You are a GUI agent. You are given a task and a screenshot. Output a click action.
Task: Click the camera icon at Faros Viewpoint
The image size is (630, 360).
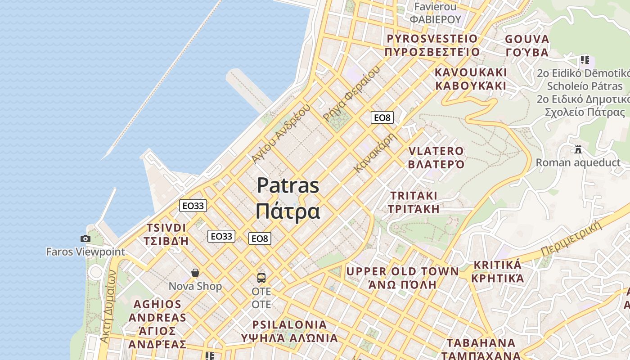point(85,238)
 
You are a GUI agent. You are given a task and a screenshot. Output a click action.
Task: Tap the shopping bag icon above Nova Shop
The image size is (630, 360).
point(195,272)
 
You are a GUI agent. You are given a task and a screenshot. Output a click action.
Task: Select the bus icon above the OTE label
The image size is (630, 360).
point(261,278)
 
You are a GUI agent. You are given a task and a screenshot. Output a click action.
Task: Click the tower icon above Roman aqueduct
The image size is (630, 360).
point(578,149)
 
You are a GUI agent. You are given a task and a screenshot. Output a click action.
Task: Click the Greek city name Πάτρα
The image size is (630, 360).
point(288,211)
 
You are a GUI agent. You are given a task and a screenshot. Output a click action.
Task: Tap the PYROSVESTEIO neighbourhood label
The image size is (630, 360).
point(432,39)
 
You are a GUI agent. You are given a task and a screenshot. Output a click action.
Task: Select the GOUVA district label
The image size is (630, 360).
point(527,39)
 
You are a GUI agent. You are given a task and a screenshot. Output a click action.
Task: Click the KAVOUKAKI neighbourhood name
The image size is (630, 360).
point(471,72)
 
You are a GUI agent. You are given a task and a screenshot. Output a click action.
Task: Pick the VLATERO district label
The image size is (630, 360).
point(436,151)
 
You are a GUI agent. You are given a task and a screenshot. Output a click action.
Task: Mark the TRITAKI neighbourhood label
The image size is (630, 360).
point(414,196)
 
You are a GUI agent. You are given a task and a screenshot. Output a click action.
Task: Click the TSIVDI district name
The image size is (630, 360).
point(166,228)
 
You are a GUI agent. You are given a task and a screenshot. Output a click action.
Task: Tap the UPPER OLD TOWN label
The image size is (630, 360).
point(402,271)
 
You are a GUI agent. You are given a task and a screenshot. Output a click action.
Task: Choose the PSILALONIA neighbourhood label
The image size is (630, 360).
point(289,324)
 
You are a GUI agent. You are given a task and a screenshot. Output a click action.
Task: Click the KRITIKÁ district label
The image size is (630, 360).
point(497,265)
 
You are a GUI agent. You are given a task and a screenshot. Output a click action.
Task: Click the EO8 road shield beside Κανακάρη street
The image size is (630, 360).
point(382,118)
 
